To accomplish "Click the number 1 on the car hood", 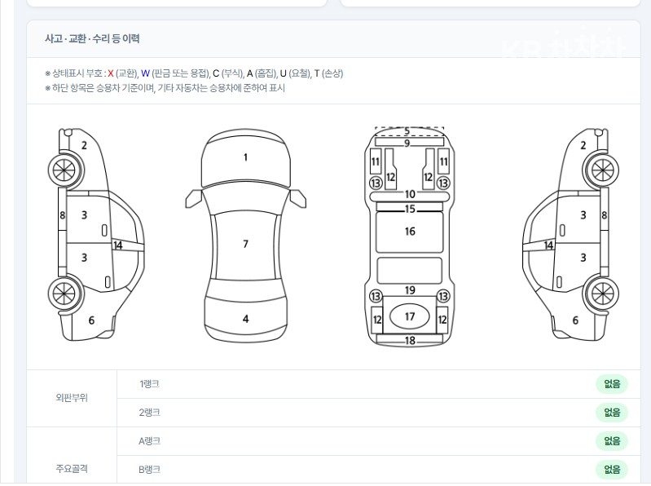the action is click(x=245, y=157).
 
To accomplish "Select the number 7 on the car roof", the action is click(x=245, y=244).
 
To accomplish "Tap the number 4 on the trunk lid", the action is click(x=246, y=319).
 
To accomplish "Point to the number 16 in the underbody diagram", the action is click(x=410, y=232).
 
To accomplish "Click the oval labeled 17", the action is click(x=409, y=316).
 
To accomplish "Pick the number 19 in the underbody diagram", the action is click(x=410, y=290).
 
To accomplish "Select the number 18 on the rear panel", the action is click(x=410, y=341).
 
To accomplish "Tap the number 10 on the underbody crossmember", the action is click(x=410, y=194).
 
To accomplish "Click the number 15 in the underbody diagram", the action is click(x=410, y=209).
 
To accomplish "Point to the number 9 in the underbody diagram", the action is click(x=407, y=144).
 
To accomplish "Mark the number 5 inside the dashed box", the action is click(x=407, y=131).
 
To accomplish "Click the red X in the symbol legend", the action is click(x=111, y=74).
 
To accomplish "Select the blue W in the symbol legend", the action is click(x=145, y=74).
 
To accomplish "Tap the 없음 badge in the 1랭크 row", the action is click(x=612, y=384).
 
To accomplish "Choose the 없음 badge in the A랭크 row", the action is click(x=612, y=441).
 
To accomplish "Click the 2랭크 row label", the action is click(x=149, y=413).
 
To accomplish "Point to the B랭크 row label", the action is click(x=149, y=470).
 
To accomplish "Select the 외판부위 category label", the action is click(x=72, y=398).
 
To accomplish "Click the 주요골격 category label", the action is click(x=72, y=469).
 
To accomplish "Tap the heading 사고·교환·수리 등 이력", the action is click(x=92, y=38).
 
